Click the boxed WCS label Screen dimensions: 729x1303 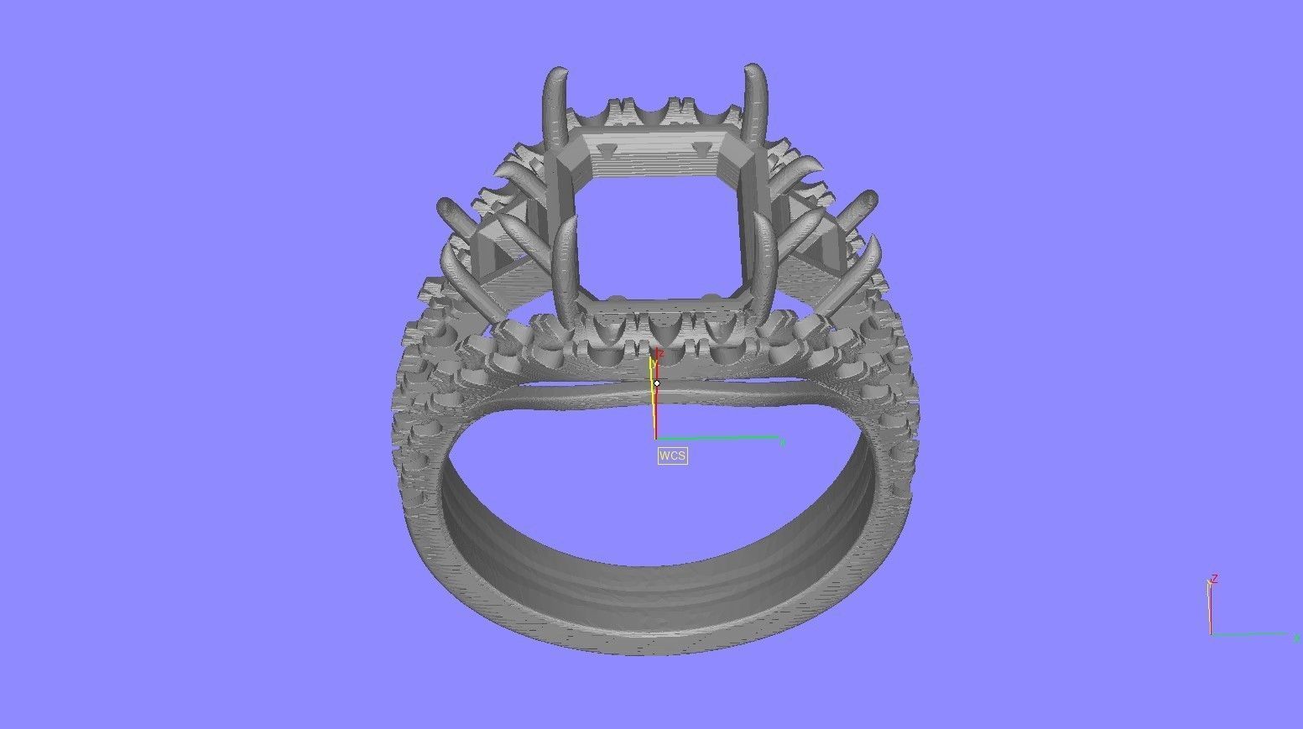click(x=672, y=456)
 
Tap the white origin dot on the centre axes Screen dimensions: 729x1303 click(x=657, y=383)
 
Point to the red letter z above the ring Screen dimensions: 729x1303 click(x=660, y=354)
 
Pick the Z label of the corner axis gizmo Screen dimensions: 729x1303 click(x=1214, y=579)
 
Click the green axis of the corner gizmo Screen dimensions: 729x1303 click(x=1250, y=634)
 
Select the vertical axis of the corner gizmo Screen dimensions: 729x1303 click(x=1210, y=608)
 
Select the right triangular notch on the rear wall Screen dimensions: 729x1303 click(x=699, y=148)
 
